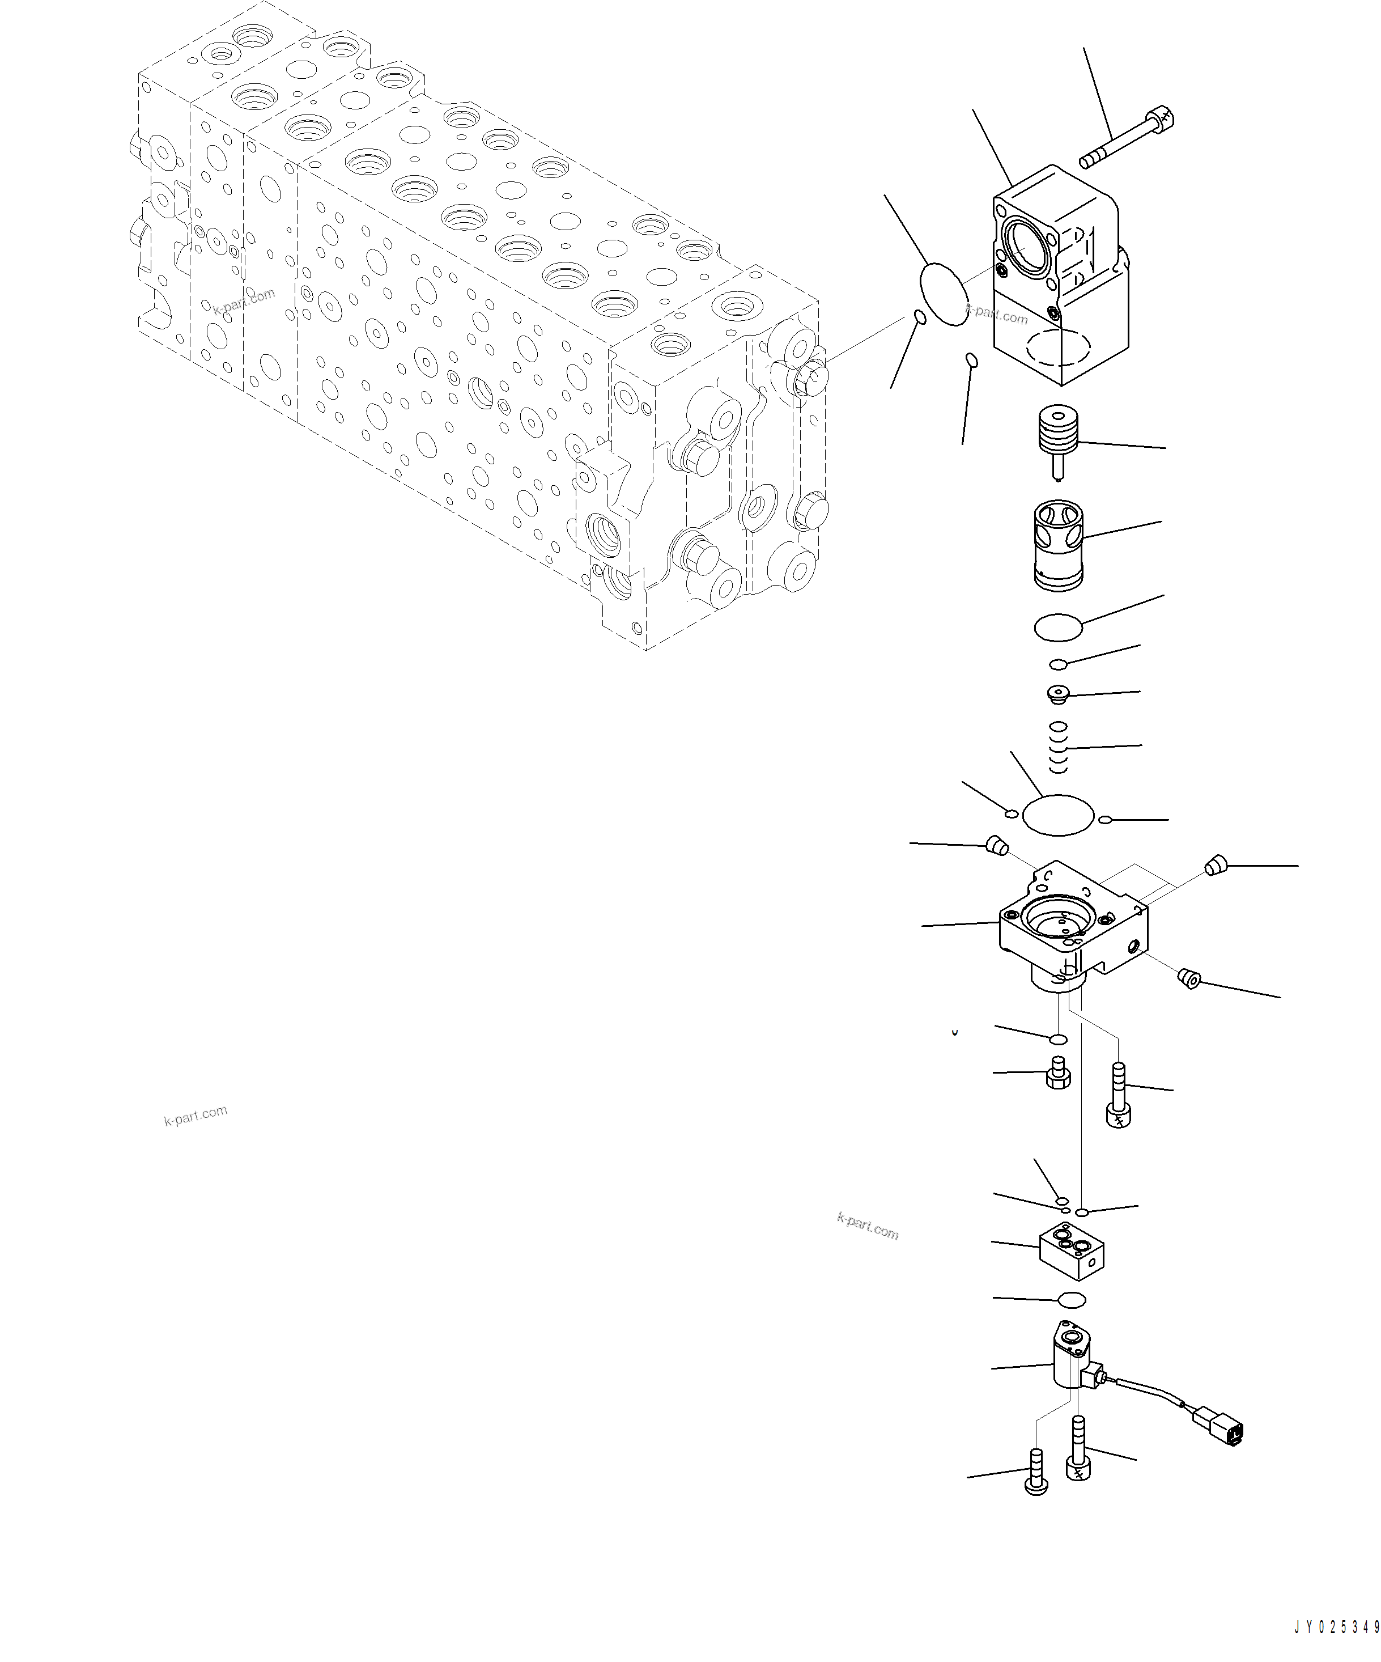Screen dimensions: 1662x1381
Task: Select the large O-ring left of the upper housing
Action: tap(944, 293)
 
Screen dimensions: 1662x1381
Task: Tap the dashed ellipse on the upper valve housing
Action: tap(1058, 346)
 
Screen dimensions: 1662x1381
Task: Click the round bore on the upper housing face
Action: tap(1027, 248)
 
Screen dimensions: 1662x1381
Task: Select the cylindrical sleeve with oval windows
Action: tap(1058, 545)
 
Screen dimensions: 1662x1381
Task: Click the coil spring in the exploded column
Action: tap(1058, 747)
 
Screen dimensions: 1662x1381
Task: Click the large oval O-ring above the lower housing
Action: tap(1058, 815)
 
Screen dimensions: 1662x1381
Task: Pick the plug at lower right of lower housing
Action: tap(1189, 979)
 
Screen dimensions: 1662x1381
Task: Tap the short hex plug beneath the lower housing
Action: tap(1058, 1075)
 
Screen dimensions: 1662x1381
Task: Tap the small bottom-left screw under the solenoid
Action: tap(1036, 1475)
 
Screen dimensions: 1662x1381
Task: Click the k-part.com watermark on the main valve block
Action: tap(244, 301)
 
